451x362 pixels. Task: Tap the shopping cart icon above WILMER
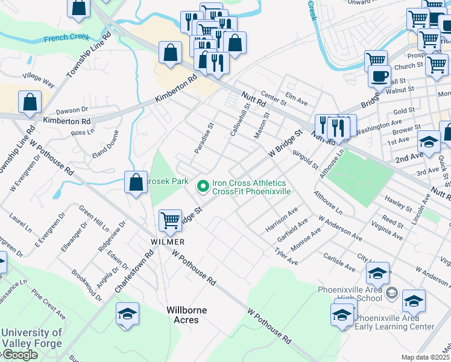point(171,220)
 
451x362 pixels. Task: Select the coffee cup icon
point(379,76)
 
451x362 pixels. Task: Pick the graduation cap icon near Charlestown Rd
point(127,314)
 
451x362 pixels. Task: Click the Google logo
point(19,355)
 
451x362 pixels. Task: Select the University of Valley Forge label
point(31,338)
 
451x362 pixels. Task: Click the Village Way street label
point(38,80)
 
